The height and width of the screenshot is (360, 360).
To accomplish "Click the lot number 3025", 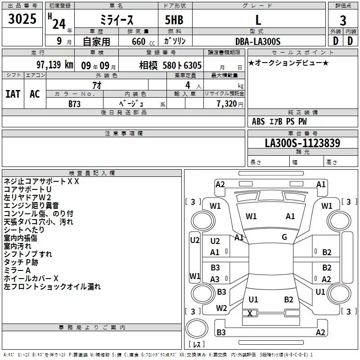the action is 22,20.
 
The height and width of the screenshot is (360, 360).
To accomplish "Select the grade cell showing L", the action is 258,20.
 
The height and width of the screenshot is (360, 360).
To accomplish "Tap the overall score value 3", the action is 343,20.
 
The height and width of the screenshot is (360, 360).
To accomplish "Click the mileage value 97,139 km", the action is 54,65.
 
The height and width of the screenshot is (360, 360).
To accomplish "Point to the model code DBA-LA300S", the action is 258,41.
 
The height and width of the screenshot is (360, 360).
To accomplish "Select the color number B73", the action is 75,103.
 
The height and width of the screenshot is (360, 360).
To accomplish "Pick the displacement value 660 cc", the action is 137,41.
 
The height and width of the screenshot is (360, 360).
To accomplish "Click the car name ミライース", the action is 116,20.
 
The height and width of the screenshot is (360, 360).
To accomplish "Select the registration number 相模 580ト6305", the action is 171,65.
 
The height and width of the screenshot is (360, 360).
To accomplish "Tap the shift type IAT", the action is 13,94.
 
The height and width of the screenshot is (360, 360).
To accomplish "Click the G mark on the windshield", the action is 284,237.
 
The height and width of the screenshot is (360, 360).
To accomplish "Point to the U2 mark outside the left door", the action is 194,240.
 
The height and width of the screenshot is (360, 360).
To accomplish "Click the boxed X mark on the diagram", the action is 250,313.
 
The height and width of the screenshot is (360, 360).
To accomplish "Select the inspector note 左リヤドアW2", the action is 27,198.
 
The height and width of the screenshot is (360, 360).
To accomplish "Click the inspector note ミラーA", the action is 17,270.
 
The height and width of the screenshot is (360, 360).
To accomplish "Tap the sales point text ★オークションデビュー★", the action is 288,63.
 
